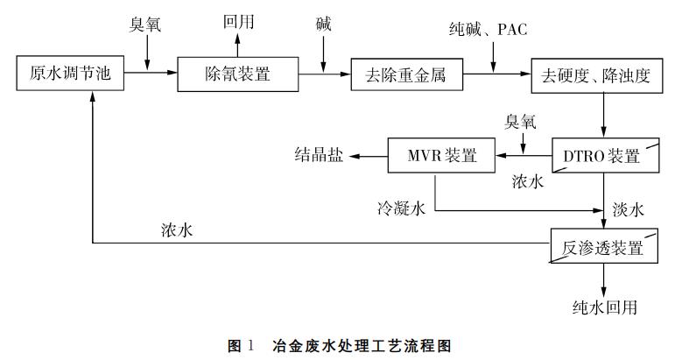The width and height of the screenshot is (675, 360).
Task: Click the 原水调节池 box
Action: [x=66, y=74]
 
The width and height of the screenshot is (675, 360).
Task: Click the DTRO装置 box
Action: [x=604, y=156]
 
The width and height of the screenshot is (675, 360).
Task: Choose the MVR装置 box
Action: [x=442, y=156]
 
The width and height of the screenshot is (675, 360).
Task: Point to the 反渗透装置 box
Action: [x=604, y=246]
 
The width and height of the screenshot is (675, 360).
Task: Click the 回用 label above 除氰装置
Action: [x=237, y=21]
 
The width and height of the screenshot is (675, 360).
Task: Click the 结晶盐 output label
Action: [x=319, y=156]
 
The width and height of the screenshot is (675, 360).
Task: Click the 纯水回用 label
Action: [x=603, y=308]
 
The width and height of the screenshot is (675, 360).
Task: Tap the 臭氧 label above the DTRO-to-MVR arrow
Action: [x=523, y=122]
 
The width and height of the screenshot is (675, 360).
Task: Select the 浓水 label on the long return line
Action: [x=177, y=229]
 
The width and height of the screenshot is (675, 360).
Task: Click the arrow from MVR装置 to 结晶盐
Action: [x=368, y=156]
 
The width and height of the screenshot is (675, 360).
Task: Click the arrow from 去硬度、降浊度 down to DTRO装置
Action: [x=603, y=115]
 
